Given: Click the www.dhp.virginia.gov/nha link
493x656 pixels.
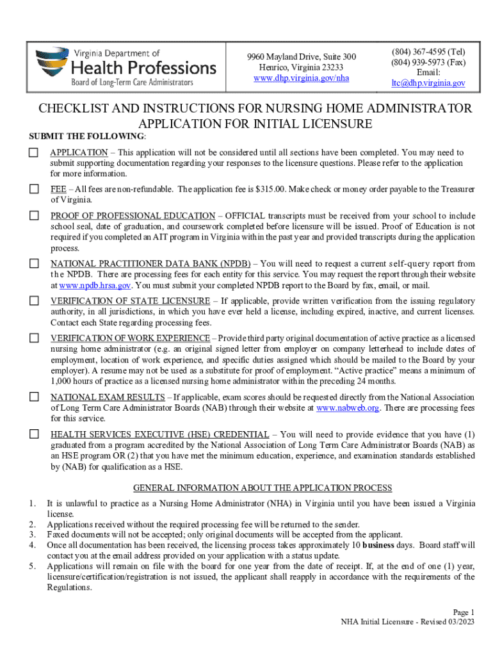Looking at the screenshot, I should (301, 78).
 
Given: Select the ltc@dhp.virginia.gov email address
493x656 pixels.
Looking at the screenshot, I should (428, 83).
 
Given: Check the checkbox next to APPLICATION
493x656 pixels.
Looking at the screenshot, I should (34, 153).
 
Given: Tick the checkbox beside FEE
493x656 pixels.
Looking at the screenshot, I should (34, 189).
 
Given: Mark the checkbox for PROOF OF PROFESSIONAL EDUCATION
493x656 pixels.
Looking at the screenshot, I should (34, 216).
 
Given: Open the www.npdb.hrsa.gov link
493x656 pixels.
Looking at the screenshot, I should (95, 285).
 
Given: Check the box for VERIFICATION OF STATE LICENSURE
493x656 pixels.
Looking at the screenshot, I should (34, 301).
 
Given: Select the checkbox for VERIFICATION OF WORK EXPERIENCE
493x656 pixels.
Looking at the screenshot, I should (34, 338).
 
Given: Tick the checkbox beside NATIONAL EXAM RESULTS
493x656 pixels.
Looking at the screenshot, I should (34, 397).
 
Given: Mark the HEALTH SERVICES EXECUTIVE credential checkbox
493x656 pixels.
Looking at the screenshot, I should (34, 434).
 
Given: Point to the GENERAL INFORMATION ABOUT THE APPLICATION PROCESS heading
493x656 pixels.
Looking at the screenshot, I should (263, 488).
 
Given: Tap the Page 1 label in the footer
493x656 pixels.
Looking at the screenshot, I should (464, 612).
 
